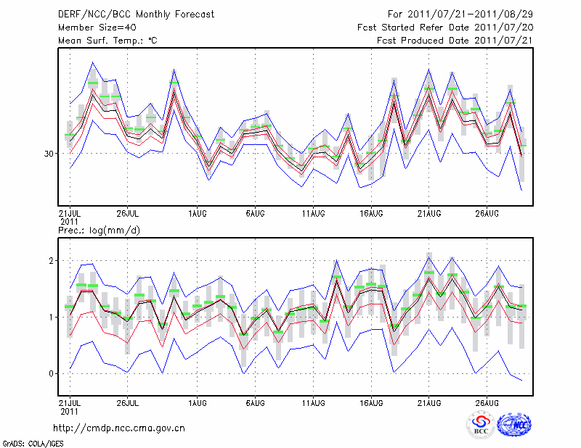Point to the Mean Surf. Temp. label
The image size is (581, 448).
(107, 41)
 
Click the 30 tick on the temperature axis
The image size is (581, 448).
(49, 154)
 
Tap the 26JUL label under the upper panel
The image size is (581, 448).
(127, 213)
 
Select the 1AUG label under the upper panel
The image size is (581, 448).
(197, 213)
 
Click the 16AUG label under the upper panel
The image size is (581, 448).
(371, 213)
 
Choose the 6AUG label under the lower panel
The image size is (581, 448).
(255, 401)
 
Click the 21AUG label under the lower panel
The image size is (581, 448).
(429, 401)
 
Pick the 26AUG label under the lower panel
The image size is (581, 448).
(487, 401)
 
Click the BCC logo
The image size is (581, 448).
(481, 426)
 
